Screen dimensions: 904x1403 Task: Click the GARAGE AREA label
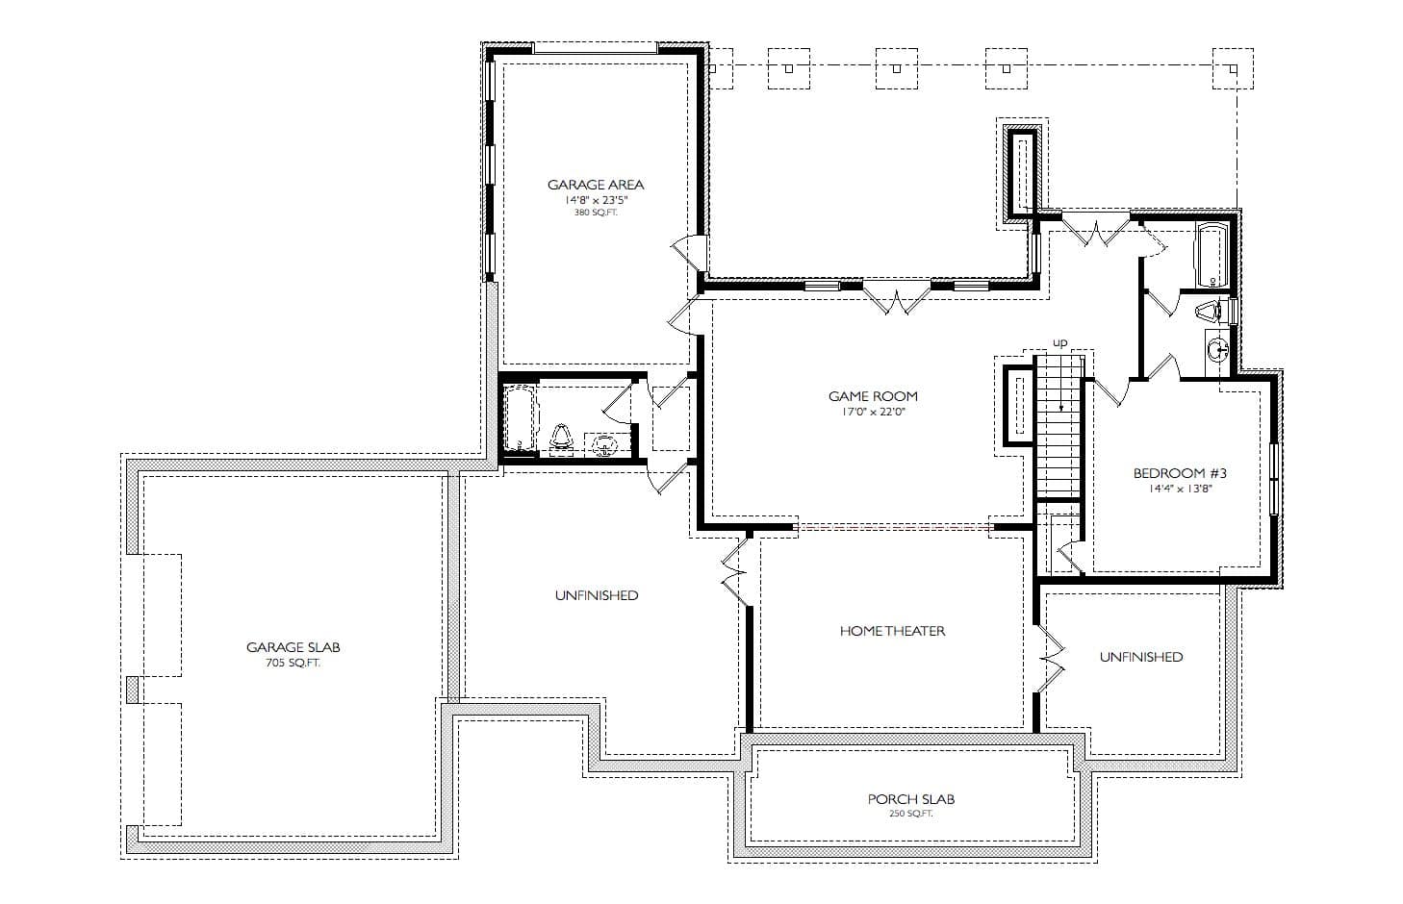point(596,185)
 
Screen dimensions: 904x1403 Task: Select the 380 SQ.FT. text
point(596,213)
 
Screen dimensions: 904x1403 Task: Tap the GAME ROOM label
point(873,396)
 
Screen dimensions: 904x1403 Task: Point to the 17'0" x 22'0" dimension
point(873,412)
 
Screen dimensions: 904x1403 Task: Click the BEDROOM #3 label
point(1180,473)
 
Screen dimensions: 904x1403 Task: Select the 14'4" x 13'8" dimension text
point(1180,489)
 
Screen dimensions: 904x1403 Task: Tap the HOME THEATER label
point(892,632)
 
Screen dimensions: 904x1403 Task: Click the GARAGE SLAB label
point(293,647)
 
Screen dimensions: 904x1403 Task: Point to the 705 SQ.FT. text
point(293,664)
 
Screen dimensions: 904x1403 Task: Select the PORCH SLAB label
point(910,799)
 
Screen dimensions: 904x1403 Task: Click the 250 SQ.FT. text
point(910,815)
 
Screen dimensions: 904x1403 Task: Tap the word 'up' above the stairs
point(1060,342)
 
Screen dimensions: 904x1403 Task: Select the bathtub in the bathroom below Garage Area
point(520,418)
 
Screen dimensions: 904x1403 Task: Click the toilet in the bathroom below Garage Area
point(562,438)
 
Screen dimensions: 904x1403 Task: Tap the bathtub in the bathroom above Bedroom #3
point(1210,254)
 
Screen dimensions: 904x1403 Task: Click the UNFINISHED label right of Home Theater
point(1141,657)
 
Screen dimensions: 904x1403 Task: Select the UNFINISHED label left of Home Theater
point(596,595)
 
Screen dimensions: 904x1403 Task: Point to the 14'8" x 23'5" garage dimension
point(596,200)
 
